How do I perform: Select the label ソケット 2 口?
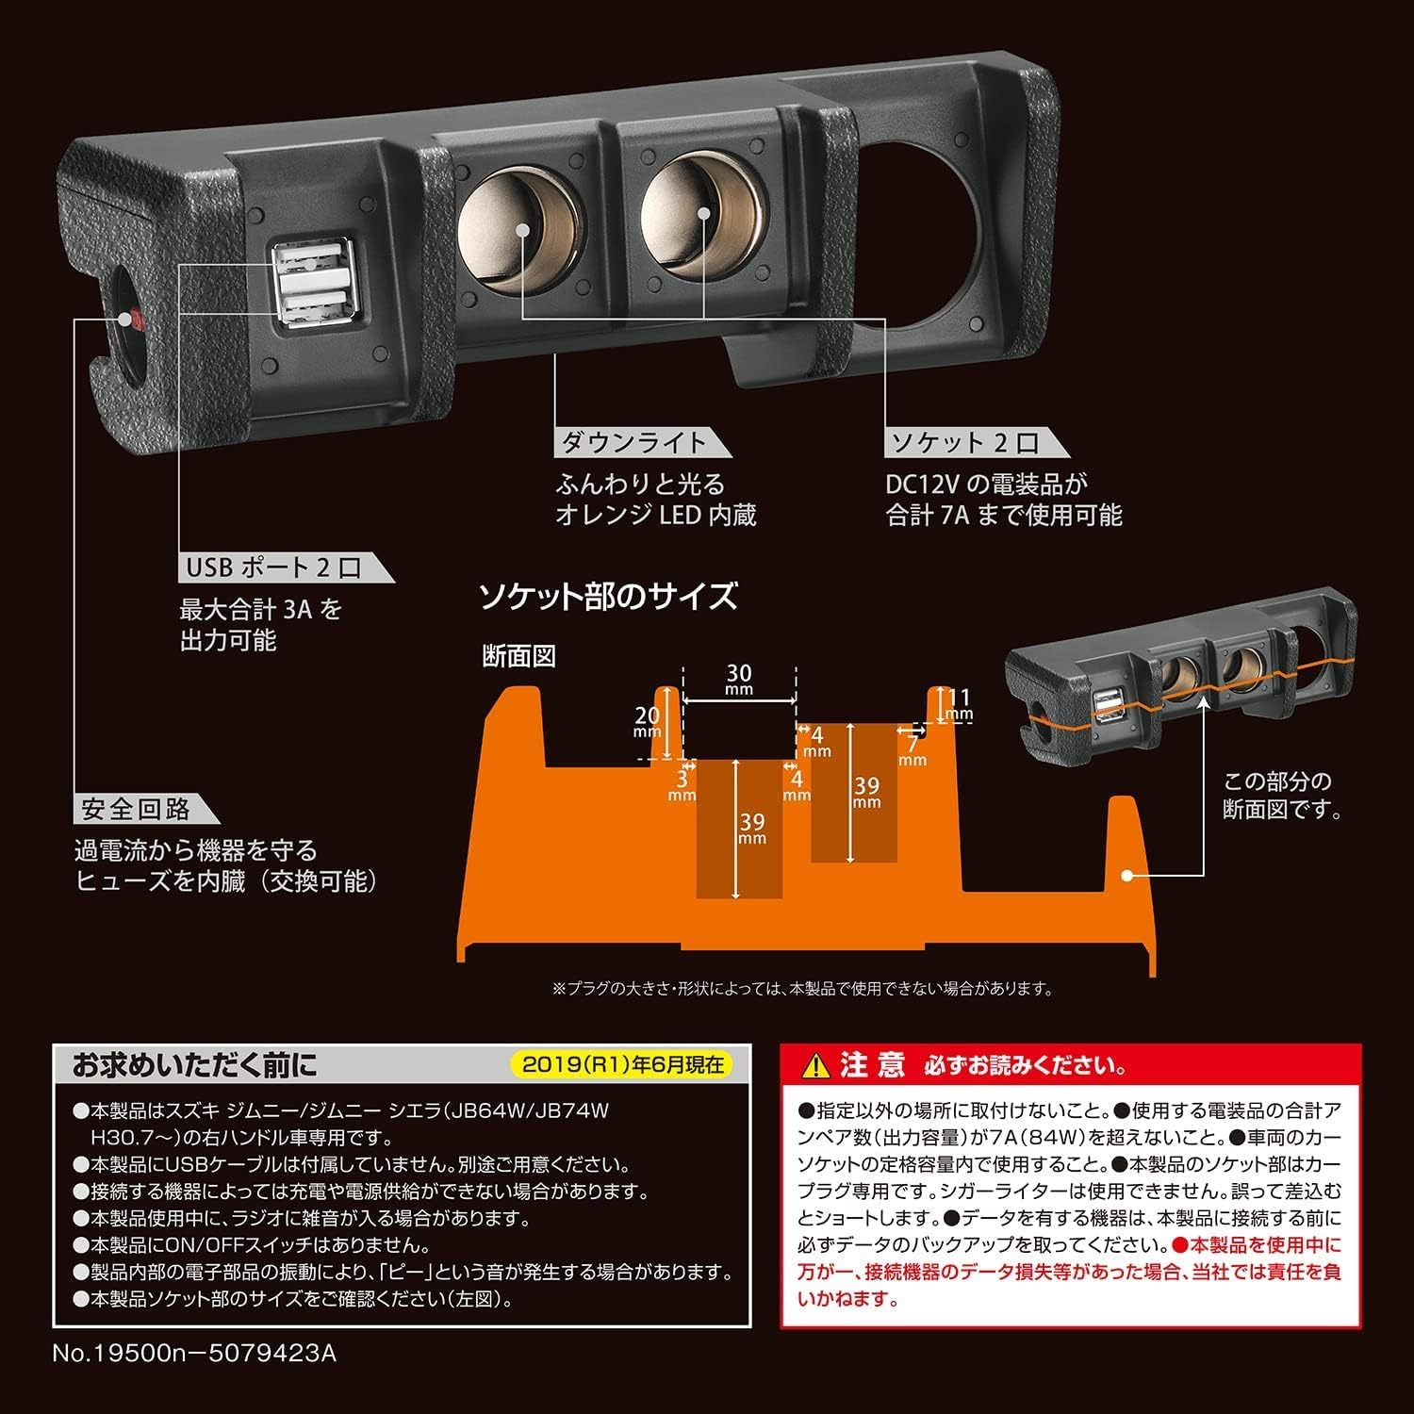[x=962, y=442]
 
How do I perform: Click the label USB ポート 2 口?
[x=272, y=567]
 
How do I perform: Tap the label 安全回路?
[x=136, y=809]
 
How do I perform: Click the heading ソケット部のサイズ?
[x=607, y=597]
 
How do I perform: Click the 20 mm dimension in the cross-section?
[x=647, y=722]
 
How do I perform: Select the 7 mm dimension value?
[x=912, y=750]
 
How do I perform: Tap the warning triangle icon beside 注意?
[x=811, y=1066]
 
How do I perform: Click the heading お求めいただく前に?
[x=194, y=1065]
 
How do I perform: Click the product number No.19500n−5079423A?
[x=193, y=1353]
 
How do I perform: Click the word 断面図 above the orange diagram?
[x=518, y=657]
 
